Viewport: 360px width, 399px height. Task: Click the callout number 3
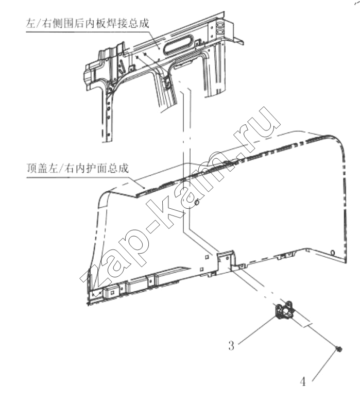(x=231, y=345)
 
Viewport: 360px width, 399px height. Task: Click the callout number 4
(x=303, y=381)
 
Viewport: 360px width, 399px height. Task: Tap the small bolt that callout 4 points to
(x=339, y=350)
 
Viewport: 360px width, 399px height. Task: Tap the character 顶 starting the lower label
(x=32, y=168)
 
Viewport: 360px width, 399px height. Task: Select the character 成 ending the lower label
(x=123, y=168)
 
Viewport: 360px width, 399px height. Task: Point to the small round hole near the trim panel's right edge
(x=332, y=252)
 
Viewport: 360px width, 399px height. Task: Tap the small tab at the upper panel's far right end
(x=239, y=40)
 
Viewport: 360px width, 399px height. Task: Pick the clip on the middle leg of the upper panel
(x=167, y=82)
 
